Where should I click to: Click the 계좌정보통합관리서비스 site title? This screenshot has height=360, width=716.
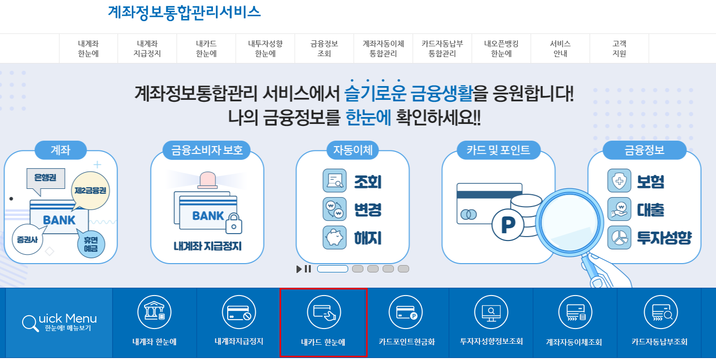pyautogui.click(x=184, y=12)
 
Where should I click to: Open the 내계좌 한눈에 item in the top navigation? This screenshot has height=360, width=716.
pyautogui.click(x=89, y=49)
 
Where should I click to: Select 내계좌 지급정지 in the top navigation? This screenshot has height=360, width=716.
pyautogui.click(x=147, y=49)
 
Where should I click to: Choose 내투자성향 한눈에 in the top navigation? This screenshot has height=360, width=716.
pyautogui.click(x=265, y=49)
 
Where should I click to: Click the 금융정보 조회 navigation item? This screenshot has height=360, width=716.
pyautogui.click(x=324, y=49)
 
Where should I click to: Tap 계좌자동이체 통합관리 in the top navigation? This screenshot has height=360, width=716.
pyautogui.click(x=383, y=49)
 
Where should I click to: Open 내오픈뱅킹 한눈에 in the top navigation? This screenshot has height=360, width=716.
pyautogui.click(x=501, y=49)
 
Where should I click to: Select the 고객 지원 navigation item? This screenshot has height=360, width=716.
pyautogui.click(x=619, y=49)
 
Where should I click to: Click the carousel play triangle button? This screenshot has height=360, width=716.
pyautogui.click(x=299, y=269)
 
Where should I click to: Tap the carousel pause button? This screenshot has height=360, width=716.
pyautogui.click(x=308, y=269)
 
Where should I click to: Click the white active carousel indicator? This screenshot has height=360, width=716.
pyautogui.click(x=332, y=269)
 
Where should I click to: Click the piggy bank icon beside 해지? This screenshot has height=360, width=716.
pyautogui.click(x=334, y=238)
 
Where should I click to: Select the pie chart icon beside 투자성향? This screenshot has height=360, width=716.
pyautogui.click(x=619, y=238)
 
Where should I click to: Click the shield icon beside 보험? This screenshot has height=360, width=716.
pyautogui.click(x=619, y=181)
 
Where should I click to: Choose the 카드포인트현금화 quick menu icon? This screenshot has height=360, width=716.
pyautogui.click(x=406, y=312)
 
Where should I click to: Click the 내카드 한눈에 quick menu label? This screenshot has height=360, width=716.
pyautogui.click(x=323, y=342)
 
